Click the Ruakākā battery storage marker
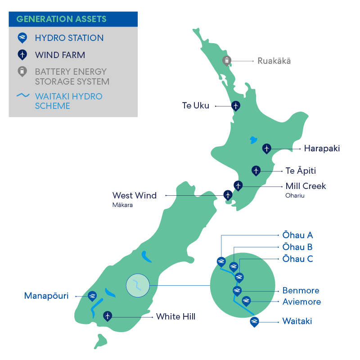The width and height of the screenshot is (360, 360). pos(227,60)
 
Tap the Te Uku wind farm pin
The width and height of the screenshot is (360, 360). pos(235,106)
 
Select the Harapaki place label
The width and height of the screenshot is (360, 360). pos(322,148)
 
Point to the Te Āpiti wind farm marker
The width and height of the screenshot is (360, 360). pos(256,171)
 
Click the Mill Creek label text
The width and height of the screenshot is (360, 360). pos(306,186)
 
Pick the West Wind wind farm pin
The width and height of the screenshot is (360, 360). pos(228,195)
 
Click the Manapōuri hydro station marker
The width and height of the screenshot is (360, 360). pos(92,295)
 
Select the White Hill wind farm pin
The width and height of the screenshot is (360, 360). pos(108,316)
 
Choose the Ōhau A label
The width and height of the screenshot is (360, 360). pos(297,235)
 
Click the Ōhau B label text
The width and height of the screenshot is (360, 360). pos(297,247)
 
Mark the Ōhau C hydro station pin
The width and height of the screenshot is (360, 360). pos(239,276)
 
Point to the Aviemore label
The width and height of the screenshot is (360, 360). pos(301,301)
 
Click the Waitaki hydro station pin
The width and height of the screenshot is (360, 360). pos(254,321)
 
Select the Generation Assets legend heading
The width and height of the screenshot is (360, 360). pos(61,19)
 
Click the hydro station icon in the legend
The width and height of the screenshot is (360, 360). pos(22,38)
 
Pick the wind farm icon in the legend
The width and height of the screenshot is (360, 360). pos(22,55)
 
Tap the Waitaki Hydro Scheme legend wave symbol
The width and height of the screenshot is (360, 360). pos(23,96)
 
